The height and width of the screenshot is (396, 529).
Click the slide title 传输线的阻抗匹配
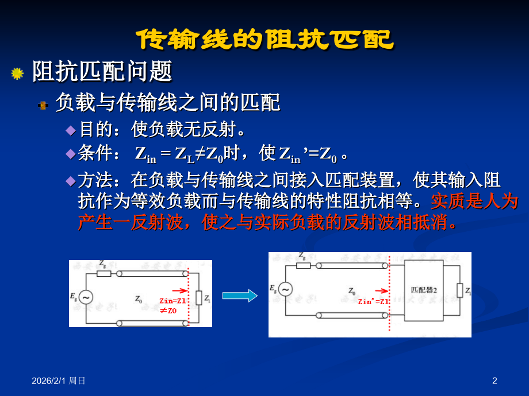click(x=265, y=40)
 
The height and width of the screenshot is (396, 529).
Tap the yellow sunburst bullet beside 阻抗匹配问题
click(x=17, y=73)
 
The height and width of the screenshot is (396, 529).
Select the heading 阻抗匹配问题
click(x=102, y=72)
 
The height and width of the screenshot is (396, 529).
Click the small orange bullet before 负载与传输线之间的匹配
click(x=43, y=105)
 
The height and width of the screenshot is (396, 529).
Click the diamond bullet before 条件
click(x=70, y=154)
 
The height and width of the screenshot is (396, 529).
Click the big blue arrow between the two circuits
click(x=240, y=296)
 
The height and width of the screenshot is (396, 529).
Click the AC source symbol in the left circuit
click(x=86, y=297)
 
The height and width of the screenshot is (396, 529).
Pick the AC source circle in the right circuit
click(x=285, y=289)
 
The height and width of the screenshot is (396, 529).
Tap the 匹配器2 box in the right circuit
click(x=424, y=290)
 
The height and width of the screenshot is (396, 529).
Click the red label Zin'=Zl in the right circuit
click(x=373, y=301)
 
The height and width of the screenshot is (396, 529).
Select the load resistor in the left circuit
click(x=199, y=297)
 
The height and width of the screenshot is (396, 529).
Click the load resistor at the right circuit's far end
click(x=459, y=290)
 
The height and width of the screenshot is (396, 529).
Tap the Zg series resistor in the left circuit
click(x=103, y=273)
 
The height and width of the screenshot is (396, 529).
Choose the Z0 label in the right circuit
click(x=352, y=291)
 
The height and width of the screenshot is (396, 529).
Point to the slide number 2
click(x=494, y=380)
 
